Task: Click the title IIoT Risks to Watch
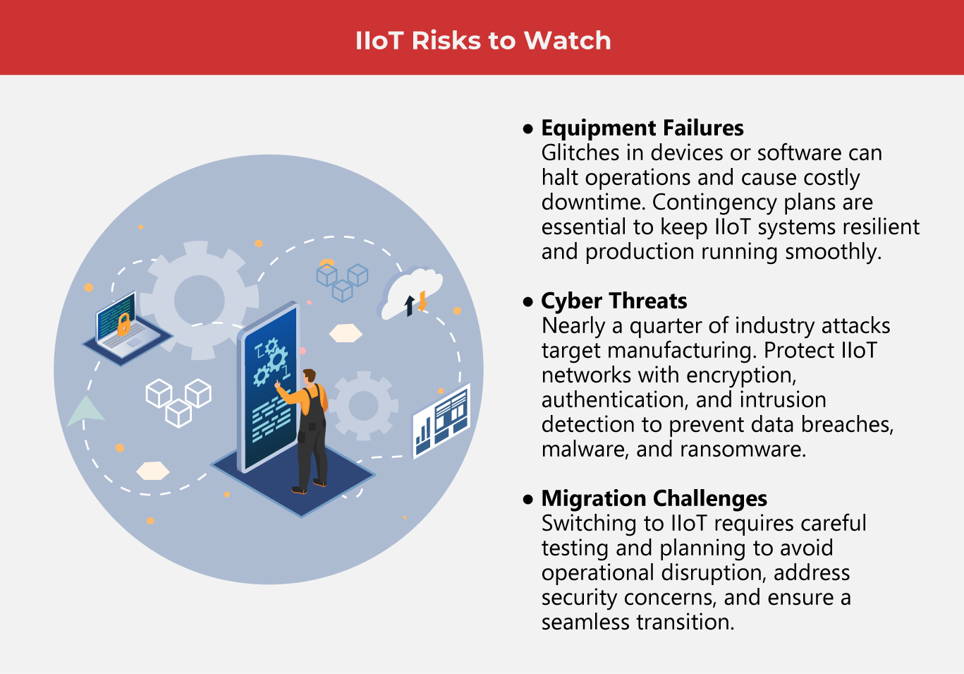482,40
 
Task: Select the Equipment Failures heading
642,128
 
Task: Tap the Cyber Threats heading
614,301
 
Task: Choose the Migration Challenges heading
654,498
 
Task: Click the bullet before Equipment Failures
527,129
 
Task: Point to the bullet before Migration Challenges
527,500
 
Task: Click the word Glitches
583,153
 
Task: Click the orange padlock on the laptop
123,324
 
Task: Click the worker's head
308,376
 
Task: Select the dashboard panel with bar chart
441,421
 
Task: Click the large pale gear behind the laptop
199,299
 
